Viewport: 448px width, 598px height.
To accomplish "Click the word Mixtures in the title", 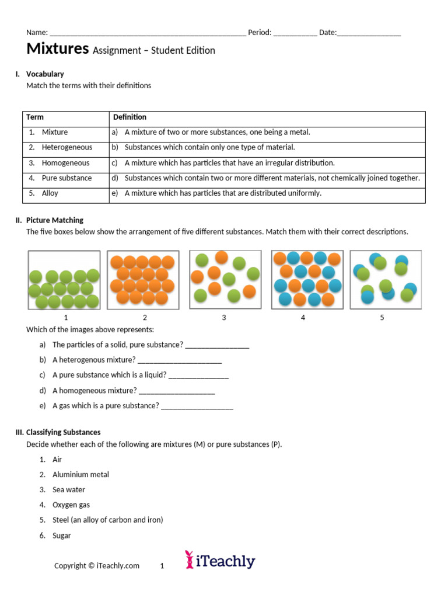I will click(57, 49).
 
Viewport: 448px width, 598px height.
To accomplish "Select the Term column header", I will click(34, 117).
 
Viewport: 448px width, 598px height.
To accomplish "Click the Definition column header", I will click(129, 117).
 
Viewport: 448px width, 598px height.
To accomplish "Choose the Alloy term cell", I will click(50, 193).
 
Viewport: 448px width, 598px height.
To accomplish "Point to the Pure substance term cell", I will click(66, 178).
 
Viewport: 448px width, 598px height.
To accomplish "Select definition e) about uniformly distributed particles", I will click(222, 193).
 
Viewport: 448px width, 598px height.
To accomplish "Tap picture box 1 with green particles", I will click(64, 280).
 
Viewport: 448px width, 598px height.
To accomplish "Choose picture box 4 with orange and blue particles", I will click(307, 280).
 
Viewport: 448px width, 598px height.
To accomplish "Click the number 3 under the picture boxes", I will click(224, 318).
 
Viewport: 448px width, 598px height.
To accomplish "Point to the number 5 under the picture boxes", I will click(382, 318).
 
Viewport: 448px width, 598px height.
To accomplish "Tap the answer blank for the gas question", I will click(197, 406).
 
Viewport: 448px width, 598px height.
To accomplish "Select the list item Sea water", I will click(68, 490).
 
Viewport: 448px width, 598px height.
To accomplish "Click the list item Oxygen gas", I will click(71, 505).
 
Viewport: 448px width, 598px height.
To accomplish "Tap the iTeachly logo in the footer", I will click(220, 561).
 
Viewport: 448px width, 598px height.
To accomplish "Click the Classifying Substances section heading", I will click(63, 433).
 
